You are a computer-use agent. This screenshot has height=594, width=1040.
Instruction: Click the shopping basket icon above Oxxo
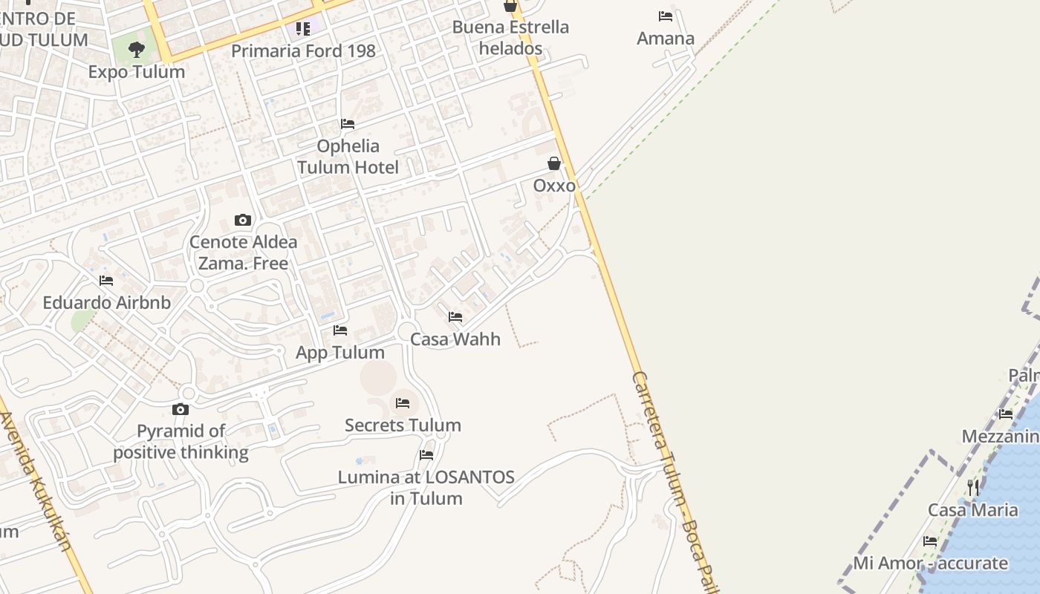pos(554,163)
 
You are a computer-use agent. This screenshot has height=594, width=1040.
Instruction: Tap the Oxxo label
pos(554,185)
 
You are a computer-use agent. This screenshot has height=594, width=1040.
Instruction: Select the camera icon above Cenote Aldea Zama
pos(243,220)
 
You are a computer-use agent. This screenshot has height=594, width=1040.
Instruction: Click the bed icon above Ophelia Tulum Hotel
pos(348,123)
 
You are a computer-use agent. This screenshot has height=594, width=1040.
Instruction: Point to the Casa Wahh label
pos(455,339)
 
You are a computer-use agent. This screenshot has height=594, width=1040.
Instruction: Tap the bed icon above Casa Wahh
pos(455,317)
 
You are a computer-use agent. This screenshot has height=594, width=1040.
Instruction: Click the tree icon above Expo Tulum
pos(136,50)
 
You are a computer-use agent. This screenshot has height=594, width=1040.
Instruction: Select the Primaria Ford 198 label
pos(303,51)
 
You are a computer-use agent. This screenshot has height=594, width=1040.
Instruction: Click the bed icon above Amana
pos(666,16)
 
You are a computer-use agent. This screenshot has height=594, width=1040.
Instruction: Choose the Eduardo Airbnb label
pos(106,303)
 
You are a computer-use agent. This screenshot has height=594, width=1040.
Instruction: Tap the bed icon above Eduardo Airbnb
pos(106,281)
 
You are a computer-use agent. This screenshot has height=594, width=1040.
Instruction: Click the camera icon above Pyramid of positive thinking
pos(181,409)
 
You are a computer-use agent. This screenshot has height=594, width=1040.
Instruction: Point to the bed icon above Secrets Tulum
pos(403,403)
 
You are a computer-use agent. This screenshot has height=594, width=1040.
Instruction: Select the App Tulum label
pos(340,353)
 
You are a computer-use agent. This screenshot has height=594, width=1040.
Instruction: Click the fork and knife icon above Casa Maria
pos(973,488)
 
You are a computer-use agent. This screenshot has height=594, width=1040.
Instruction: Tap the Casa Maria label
pos(973,510)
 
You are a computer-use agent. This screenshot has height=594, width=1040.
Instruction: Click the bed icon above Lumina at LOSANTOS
pos(426,454)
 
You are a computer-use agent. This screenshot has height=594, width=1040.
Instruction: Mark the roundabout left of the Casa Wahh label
pos(406,330)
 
